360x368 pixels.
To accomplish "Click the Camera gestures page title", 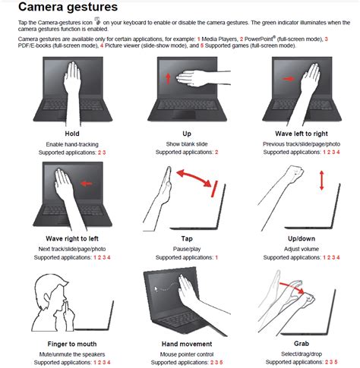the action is (68, 7).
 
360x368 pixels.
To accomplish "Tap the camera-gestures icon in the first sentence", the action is (97, 21).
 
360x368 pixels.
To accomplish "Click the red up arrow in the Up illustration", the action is (168, 78).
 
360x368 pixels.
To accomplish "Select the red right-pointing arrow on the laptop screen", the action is (289, 79).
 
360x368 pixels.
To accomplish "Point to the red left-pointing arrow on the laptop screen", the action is (87, 184).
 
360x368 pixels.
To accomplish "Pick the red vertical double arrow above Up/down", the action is (321, 181).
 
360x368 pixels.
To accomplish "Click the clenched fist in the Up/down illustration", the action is (295, 174).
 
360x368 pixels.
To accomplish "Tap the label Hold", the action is (72, 134).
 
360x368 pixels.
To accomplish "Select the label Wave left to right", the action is (302, 134).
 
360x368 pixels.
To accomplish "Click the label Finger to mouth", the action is (72, 344).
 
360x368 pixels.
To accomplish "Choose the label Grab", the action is (302, 344).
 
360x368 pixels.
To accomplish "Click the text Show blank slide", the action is (187, 144).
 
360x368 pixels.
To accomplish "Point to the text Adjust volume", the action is (302, 249).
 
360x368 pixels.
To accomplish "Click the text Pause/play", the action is (187, 249).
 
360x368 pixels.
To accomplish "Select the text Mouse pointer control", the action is (187, 354).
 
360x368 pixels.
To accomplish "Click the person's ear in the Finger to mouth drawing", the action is (47, 298).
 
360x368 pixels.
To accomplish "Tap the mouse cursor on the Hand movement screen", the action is (156, 289).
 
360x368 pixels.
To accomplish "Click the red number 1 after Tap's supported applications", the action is (216, 257).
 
